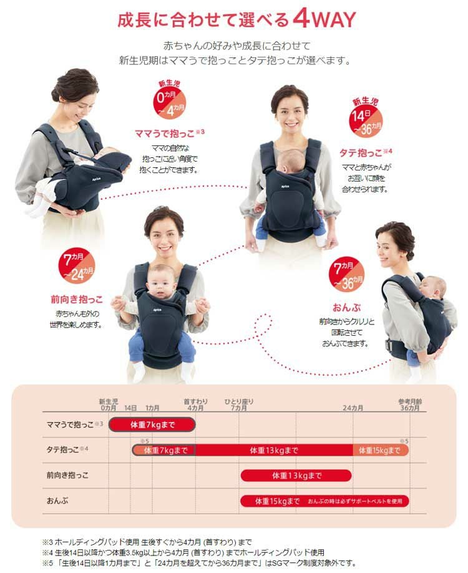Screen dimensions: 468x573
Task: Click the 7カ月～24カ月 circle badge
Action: click(x=77, y=267)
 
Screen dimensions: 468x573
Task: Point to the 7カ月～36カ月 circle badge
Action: click(x=347, y=274)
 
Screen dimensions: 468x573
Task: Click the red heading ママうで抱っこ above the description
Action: click(x=165, y=134)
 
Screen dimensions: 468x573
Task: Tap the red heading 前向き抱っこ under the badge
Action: click(x=76, y=300)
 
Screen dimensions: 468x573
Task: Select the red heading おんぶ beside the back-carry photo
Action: click(x=346, y=307)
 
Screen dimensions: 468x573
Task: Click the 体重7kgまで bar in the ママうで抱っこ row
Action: click(x=152, y=424)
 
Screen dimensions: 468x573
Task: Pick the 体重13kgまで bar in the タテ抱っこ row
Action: click(x=274, y=450)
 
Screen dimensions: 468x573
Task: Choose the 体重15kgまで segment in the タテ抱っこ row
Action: click(x=380, y=450)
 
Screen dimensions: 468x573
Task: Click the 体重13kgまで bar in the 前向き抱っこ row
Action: click(x=296, y=476)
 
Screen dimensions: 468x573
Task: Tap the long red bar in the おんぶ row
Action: click(x=324, y=501)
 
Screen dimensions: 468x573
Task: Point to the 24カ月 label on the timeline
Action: click(x=353, y=408)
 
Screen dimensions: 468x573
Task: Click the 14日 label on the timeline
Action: click(x=130, y=408)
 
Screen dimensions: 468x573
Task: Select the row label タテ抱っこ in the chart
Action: click(x=62, y=450)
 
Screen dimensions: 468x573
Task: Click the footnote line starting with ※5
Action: click(x=199, y=563)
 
